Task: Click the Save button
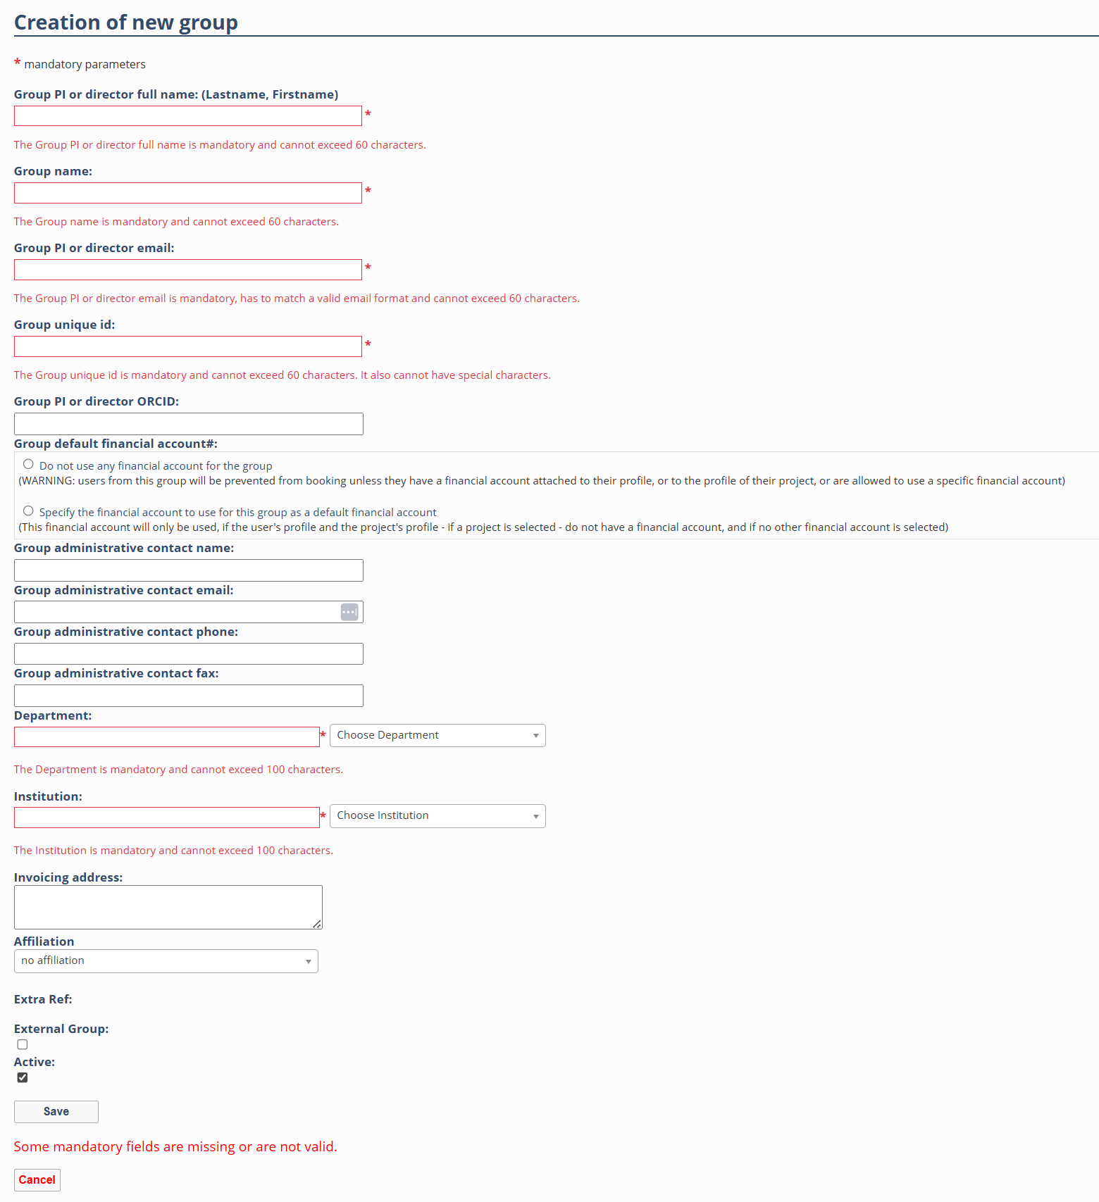(x=56, y=1111)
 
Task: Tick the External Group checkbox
(x=23, y=1044)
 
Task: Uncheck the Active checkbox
(x=23, y=1077)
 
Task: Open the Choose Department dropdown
(x=437, y=735)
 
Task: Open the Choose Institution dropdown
(x=437, y=815)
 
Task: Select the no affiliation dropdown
(x=166, y=960)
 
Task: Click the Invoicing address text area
(x=168, y=907)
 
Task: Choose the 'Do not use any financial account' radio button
(x=28, y=464)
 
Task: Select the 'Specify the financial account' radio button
(x=28, y=511)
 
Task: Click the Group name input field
(x=187, y=193)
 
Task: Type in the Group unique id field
(x=187, y=346)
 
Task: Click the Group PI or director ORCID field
(x=188, y=424)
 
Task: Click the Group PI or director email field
(x=187, y=270)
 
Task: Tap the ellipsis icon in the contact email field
(x=349, y=612)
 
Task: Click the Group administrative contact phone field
(x=188, y=653)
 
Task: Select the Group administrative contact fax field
(x=188, y=696)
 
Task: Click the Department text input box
(x=166, y=737)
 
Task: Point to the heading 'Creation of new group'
(x=126, y=23)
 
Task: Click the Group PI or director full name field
(x=187, y=116)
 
